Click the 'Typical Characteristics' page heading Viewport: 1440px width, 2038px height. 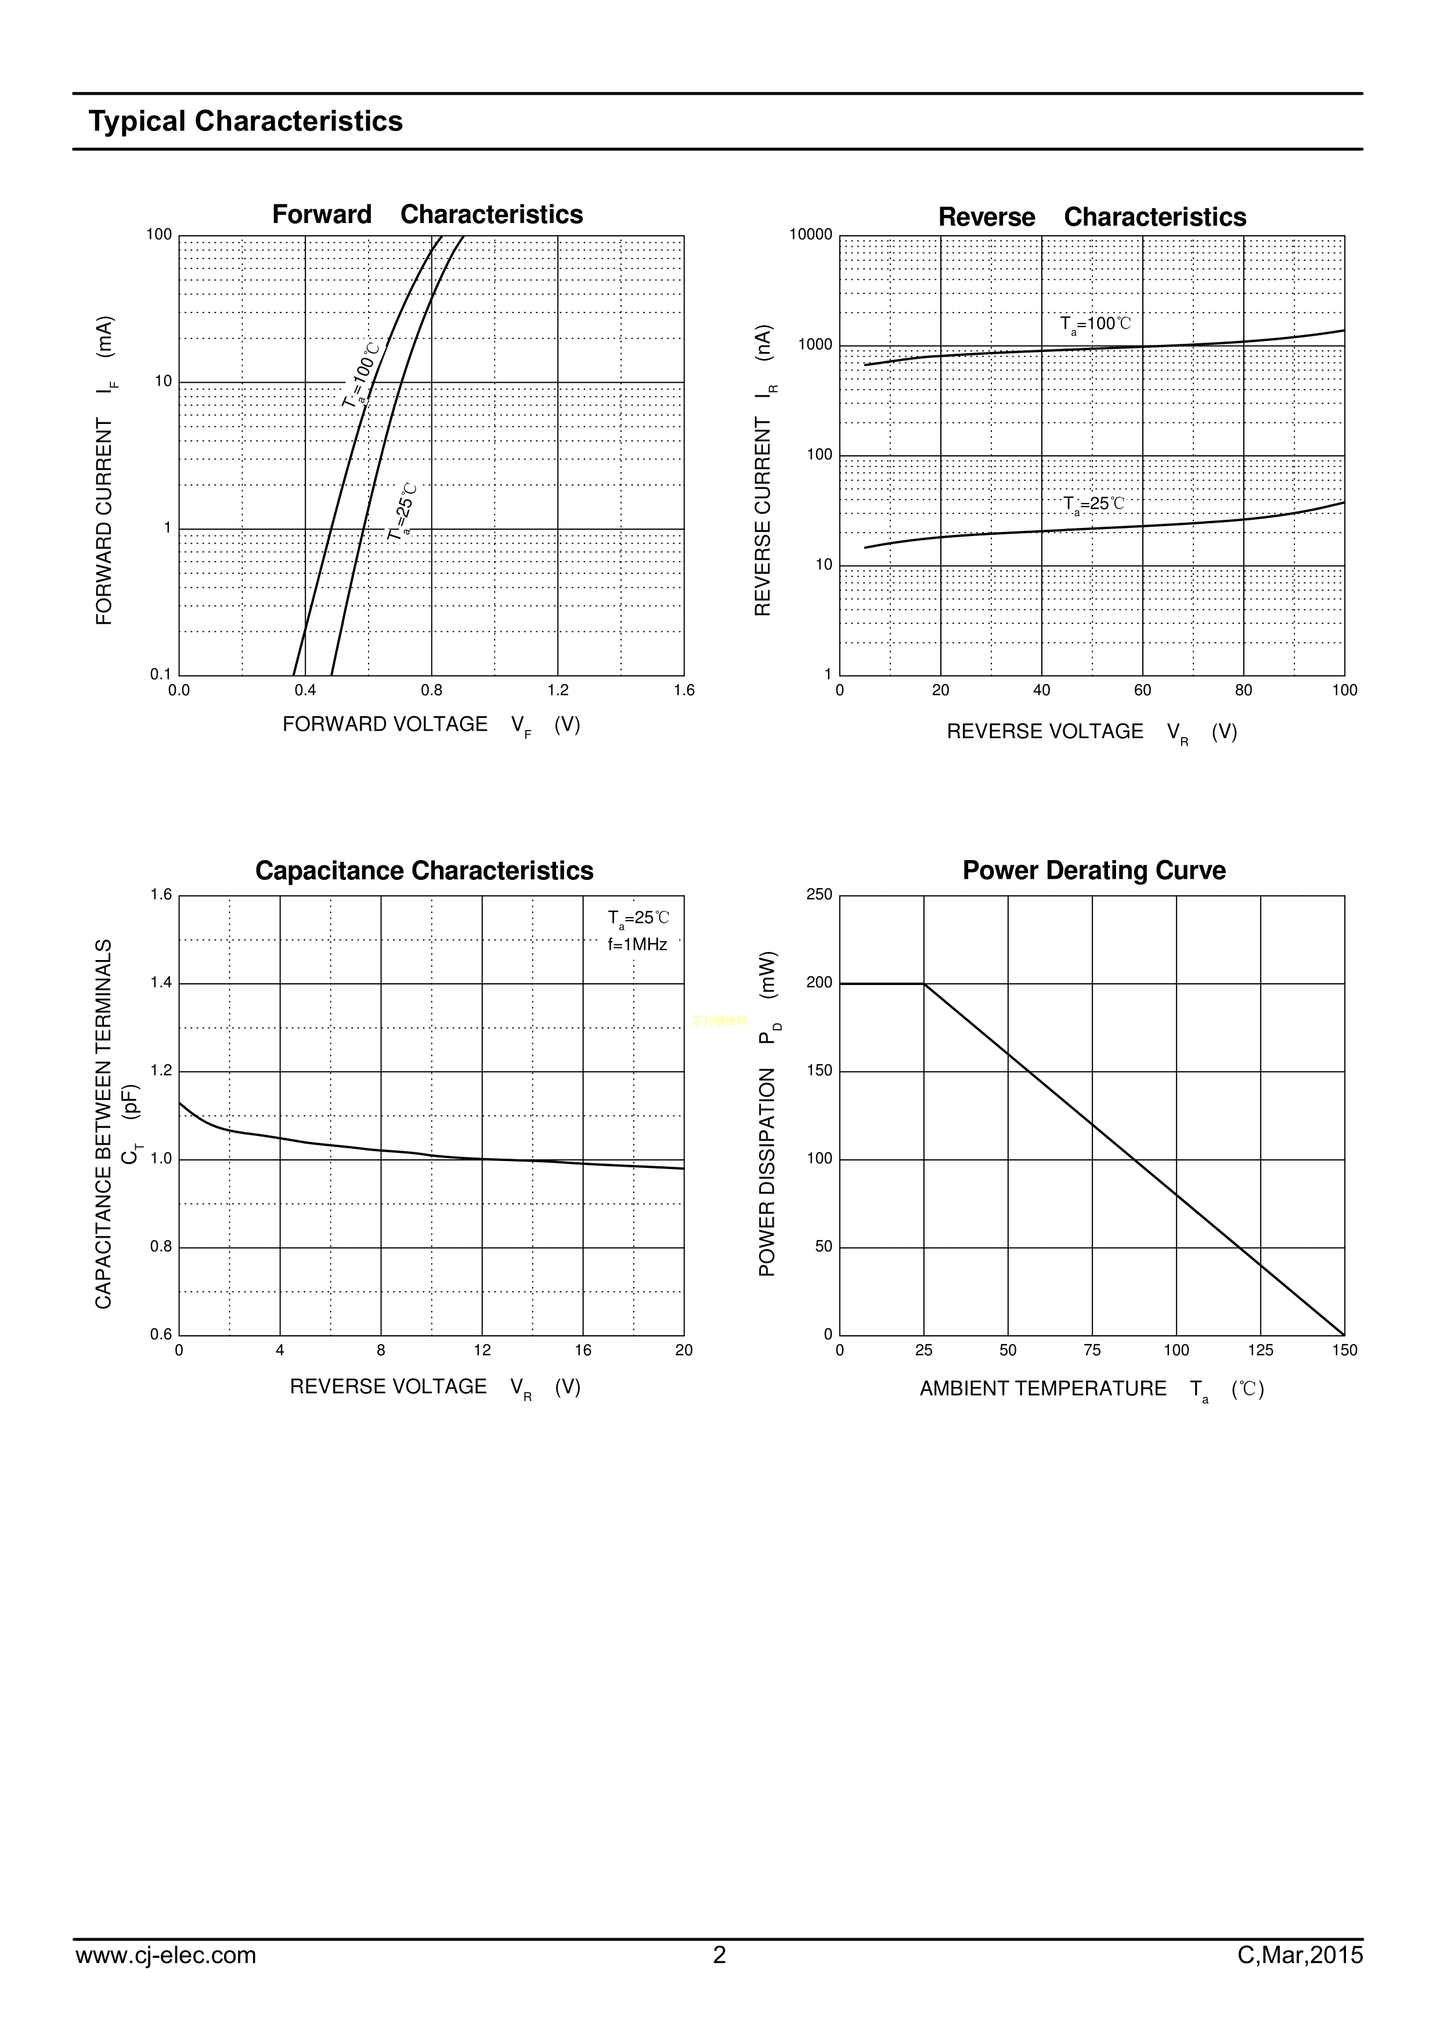coord(245,121)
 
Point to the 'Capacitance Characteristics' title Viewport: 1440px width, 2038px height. coord(424,871)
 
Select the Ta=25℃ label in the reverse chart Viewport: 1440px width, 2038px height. coord(1094,504)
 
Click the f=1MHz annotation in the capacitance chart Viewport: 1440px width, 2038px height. coord(637,944)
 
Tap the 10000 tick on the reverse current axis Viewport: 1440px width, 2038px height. coord(810,235)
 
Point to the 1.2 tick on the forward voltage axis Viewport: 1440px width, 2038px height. coord(558,691)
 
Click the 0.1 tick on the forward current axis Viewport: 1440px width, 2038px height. coord(161,675)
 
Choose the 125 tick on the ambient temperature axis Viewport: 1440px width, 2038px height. coord(1260,1351)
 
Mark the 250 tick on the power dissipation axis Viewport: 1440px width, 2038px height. coord(819,895)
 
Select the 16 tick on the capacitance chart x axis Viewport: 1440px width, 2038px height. coord(583,1351)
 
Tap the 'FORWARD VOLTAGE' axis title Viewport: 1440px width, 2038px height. coord(385,724)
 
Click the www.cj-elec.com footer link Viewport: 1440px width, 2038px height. coord(166,1981)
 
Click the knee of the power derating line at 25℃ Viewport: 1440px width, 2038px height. coord(923,983)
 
